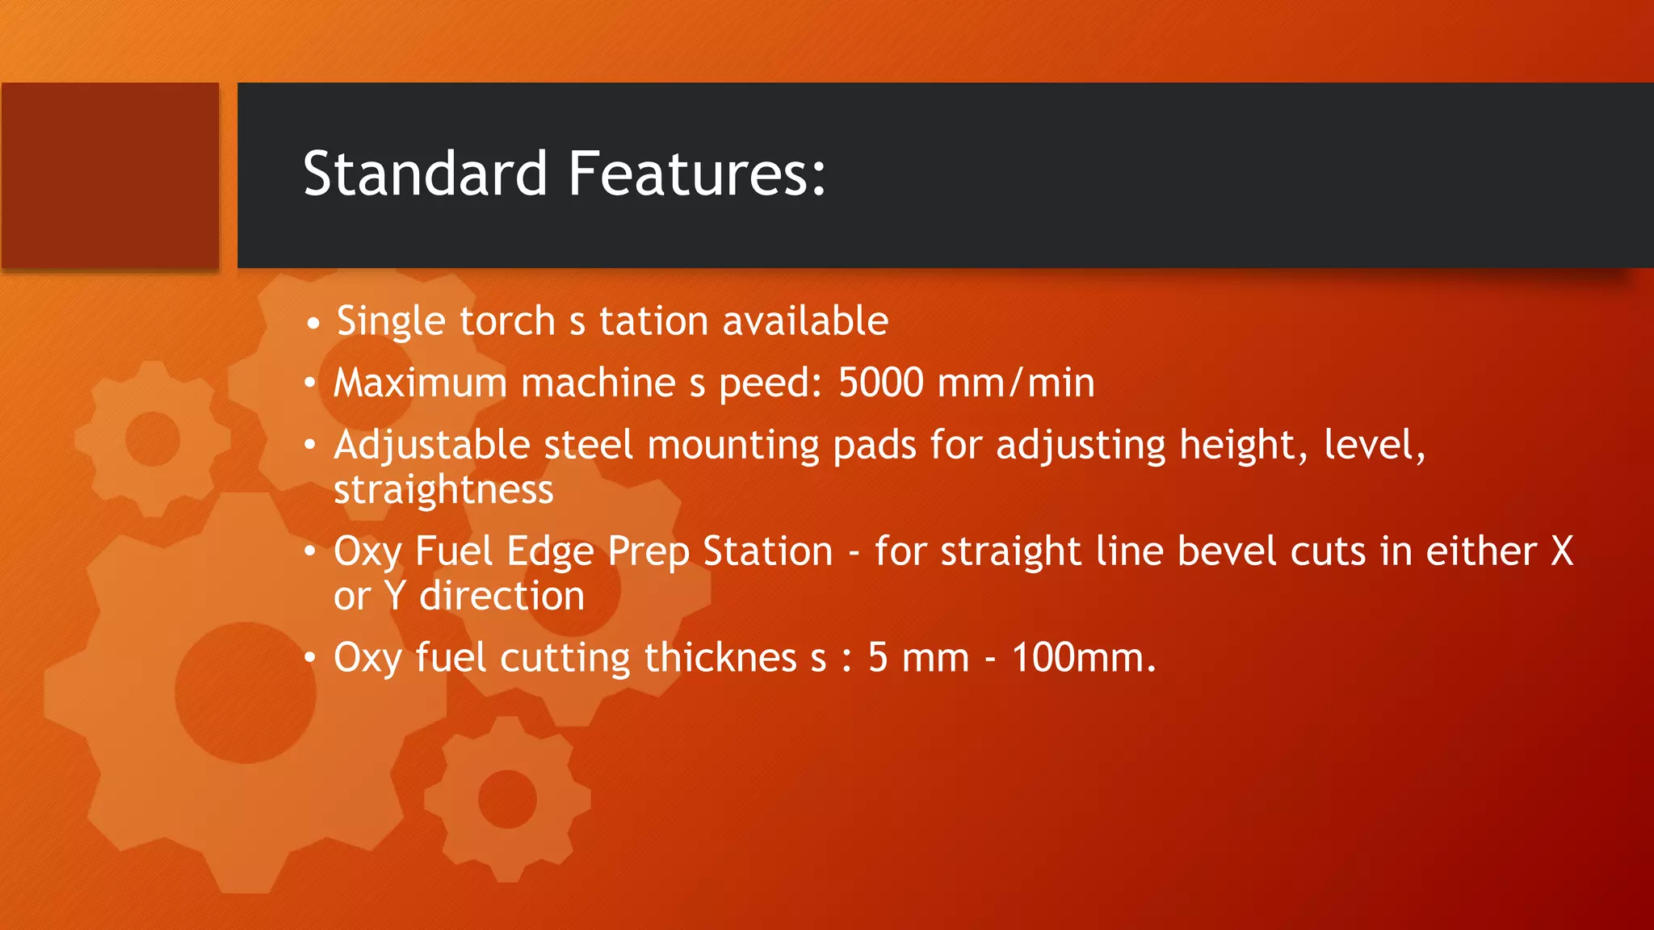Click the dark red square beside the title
coord(110,175)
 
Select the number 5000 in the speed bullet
coord(880,383)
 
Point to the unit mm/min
coord(1016,383)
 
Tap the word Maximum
coord(420,383)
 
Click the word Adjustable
coord(432,446)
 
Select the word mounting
coord(733,446)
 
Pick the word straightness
coord(443,490)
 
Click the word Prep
coord(648,552)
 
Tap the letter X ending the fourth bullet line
coord(1562,551)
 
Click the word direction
coord(502,597)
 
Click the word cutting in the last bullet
coord(565,658)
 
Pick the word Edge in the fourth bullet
coord(550,552)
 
